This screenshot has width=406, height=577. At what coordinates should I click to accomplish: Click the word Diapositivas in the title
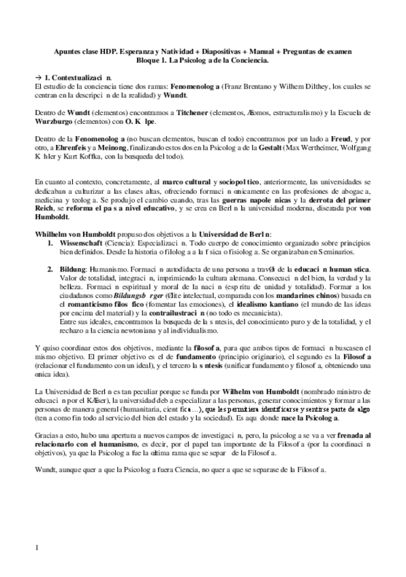pyautogui.click(x=216, y=50)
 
